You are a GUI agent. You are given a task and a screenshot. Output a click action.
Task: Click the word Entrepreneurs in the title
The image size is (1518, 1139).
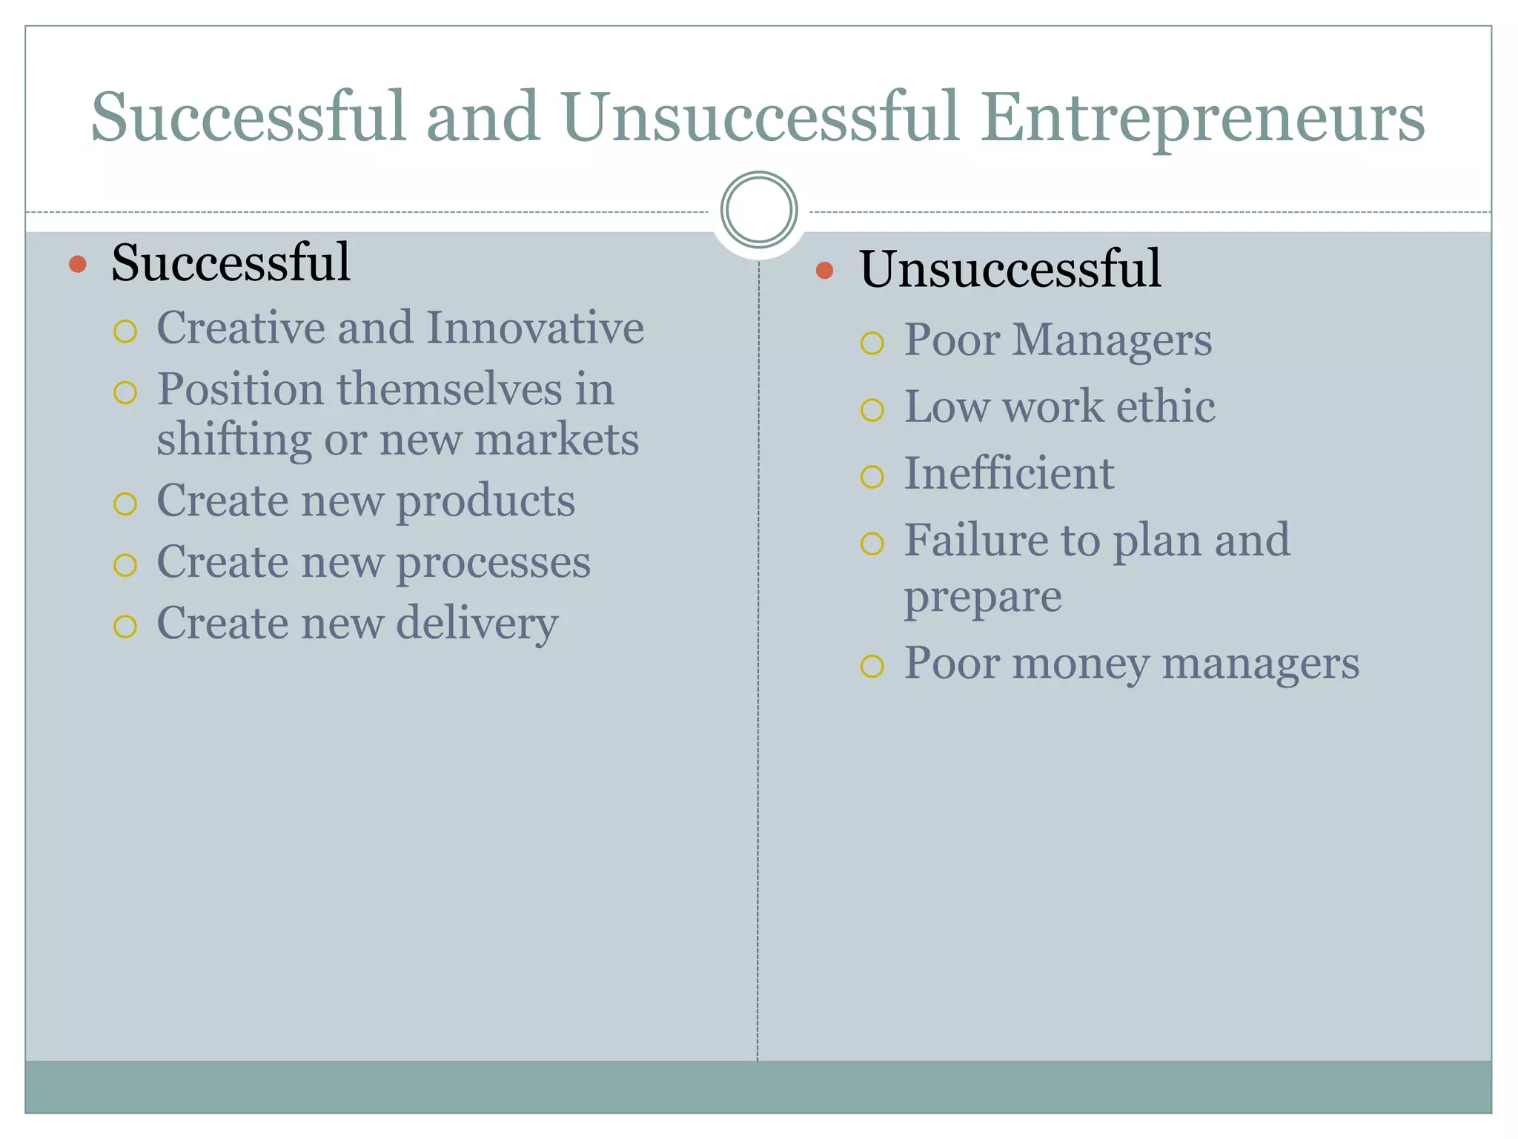(1204, 119)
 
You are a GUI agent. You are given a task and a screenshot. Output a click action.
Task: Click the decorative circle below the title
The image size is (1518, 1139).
(759, 210)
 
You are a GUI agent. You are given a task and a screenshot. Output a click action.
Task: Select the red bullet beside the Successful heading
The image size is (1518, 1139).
(78, 264)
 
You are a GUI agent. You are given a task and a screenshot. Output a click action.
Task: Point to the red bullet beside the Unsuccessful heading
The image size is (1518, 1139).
(825, 270)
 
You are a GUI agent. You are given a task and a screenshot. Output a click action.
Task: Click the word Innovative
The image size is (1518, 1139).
(535, 328)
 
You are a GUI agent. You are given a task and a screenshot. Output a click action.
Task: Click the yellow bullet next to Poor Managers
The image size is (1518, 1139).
(872, 343)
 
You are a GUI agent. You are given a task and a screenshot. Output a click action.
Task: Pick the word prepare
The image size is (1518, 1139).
(983, 598)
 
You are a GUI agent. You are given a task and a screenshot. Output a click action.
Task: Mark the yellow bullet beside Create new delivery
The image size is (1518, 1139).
(125, 627)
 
